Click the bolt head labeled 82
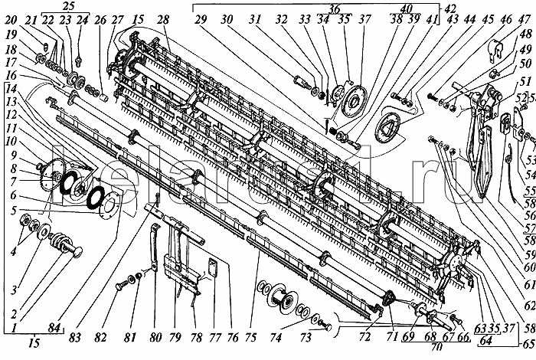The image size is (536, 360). point(119,306)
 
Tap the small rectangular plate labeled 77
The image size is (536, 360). point(213,270)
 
